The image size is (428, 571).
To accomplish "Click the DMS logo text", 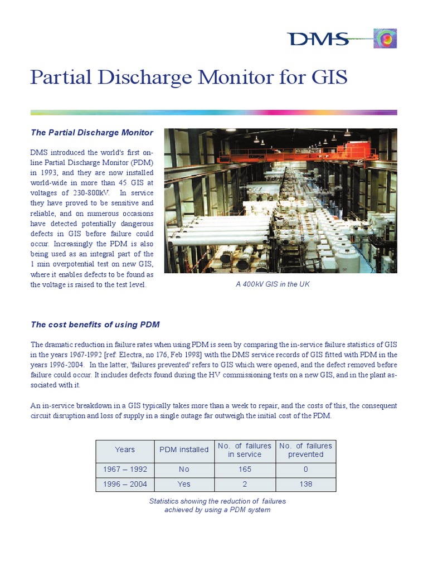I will click(318, 39).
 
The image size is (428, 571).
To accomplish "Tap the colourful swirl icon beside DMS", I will click(385, 39).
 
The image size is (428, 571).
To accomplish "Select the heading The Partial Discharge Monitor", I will click(92, 133).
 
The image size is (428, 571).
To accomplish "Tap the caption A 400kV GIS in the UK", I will click(273, 284).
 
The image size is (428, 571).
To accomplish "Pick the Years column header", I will click(125, 449).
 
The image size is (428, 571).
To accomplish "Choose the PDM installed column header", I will click(184, 449).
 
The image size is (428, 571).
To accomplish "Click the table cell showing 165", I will click(245, 470).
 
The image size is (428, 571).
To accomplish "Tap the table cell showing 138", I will click(305, 484).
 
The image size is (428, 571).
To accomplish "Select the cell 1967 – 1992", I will click(125, 470).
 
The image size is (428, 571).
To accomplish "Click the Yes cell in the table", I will click(184, 484).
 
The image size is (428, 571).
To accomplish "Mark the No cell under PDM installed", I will click(184, 470).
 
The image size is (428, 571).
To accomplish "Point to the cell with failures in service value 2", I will click(245, 484).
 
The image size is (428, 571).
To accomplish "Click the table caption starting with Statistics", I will click(217, 506).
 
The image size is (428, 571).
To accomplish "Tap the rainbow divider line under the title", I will click(213, 113).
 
